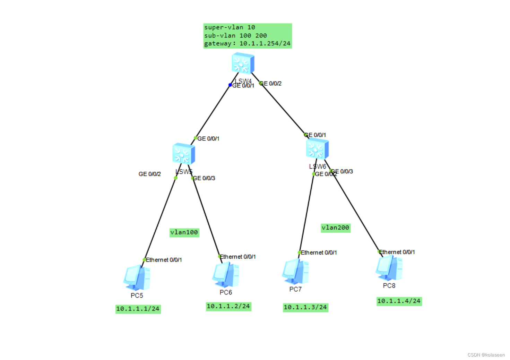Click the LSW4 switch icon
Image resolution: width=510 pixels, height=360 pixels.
click(x=243, y=63)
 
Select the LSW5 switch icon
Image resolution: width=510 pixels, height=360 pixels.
click(x=183, y=154)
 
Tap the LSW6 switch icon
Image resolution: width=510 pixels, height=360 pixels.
click(x=317, y=149)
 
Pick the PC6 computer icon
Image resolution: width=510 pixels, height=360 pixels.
click(x=226, y=275)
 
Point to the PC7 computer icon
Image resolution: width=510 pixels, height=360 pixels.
click(x=295, y=272)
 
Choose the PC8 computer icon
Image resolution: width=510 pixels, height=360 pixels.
click(x=389, y=268)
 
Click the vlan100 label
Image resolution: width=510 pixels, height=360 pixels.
click(x=184, y=232)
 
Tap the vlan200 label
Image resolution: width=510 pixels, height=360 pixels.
click(x=335, y=228)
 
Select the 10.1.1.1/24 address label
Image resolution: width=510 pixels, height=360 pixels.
click(x=138, y=309)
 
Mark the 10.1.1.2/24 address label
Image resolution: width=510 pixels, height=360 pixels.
click(x=228, y=306)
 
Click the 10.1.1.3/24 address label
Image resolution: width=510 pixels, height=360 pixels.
click(x=305, y=307)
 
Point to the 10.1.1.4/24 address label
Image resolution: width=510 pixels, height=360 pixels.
click(x=399, y=301)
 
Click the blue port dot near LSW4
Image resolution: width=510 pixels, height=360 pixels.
click(x=230, y=85)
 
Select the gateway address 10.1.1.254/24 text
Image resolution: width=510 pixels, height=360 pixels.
click(x=265, y=44)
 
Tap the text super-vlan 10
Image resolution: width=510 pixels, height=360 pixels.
click(x=230, y=27)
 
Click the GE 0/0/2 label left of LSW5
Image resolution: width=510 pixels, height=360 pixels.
click(x=150, y=174)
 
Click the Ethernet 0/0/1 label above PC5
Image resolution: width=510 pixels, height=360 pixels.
click(x=164, y=260)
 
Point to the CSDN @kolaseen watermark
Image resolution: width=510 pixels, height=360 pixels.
click(x=486, y=355)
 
